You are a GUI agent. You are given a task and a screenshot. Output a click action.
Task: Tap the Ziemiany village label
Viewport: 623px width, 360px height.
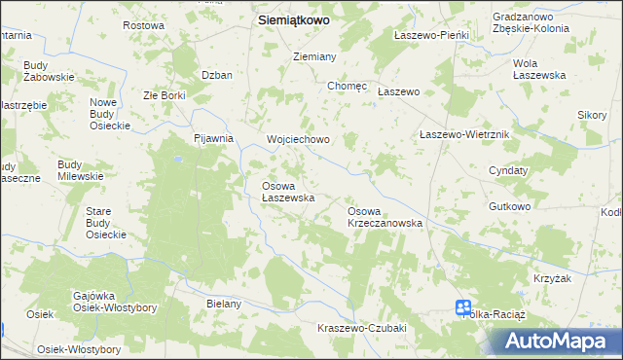coord(314,57)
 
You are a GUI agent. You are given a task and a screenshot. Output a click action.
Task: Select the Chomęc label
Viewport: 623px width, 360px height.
coord(347,86)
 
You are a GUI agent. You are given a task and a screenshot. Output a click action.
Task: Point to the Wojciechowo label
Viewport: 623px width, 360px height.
coord(299,140)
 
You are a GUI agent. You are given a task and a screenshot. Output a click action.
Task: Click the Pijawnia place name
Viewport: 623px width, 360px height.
coord(214,139)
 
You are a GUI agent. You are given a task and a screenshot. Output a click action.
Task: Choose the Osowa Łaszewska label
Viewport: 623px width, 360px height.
coord(287,192)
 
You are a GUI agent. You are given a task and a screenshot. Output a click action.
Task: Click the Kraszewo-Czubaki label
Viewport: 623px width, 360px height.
coord(361,328)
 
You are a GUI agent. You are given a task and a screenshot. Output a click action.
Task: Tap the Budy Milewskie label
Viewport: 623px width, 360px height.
coord(80,170)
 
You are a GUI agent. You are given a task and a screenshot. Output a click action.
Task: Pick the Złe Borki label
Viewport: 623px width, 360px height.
coord(164,96)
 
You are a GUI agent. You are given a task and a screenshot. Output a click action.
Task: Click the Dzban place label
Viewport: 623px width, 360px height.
coord(216,75)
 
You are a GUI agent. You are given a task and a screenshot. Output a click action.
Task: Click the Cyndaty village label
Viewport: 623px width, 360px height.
coord(508,170)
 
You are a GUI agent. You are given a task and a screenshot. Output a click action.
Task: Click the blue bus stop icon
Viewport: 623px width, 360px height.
coord(463,308)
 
